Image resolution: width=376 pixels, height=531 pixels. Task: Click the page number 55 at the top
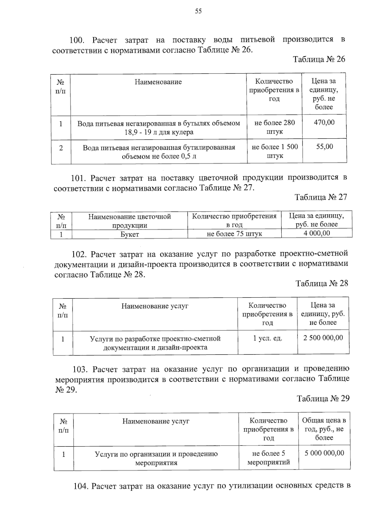[x=198, y=11]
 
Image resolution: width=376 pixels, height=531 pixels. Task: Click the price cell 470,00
[x=324, y=122]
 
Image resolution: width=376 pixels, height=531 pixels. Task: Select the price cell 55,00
[x=324, y=147]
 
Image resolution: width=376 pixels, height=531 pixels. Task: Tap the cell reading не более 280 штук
[x=274, y=127]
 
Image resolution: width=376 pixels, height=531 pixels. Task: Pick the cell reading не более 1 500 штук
[x=275, y=151]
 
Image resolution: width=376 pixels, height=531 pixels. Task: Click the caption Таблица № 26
[x=319, y=59]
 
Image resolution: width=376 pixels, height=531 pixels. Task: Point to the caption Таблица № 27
[x=321, y=197]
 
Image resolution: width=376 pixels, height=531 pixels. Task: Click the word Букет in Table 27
[x=130, y=234]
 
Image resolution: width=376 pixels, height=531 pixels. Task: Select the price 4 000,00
[x=317, y=233]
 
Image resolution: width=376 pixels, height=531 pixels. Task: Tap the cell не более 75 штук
[x=234, y=234]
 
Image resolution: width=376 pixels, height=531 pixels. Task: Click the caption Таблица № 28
[x=322, y=283]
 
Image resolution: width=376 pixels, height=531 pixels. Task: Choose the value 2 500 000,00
[x=323, y=338]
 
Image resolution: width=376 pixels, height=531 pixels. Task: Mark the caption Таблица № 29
[x=323, y=398]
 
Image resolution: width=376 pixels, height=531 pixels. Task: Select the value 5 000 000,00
[x=324, y=453]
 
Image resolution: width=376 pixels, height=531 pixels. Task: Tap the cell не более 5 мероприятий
[x=269, y=457]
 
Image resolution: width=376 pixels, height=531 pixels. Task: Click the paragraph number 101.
[x=78, y=178]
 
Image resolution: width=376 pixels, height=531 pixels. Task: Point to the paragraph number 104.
[x=81, y=486]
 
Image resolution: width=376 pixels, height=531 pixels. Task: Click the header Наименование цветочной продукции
[x=129, y=221]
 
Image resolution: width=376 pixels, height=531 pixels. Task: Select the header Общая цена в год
[x=324, y=429]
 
